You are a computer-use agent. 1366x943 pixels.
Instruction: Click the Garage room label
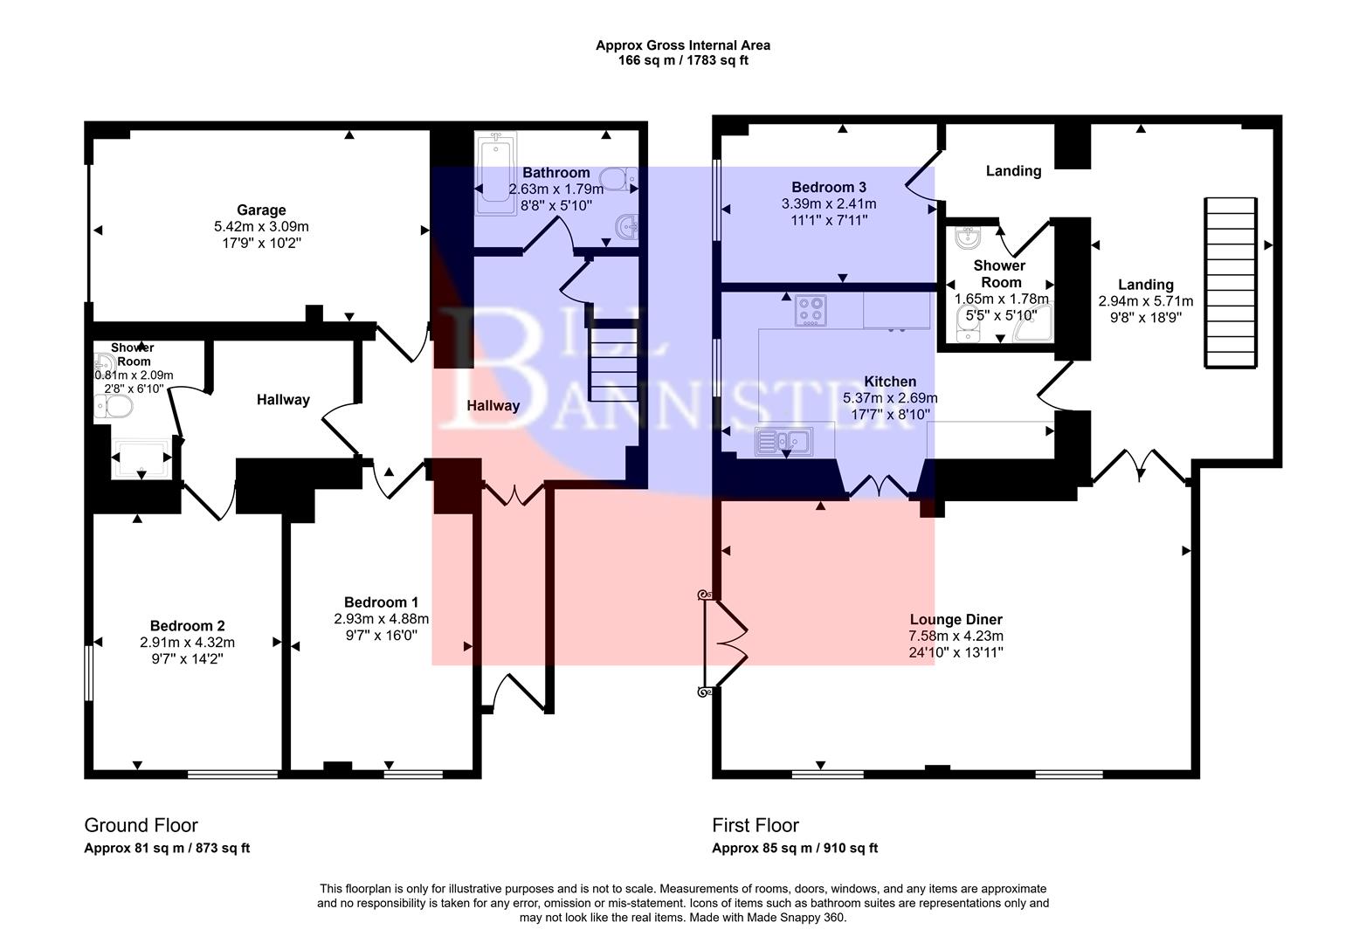[x=261, y=210]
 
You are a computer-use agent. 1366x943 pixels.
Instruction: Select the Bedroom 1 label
[x=381, y=602]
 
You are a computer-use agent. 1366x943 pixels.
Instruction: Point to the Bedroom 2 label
[x=187, y=626]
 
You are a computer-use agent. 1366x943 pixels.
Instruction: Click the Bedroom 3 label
[x=829, y=188]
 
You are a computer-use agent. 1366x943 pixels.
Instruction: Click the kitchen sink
[x=783, y=441]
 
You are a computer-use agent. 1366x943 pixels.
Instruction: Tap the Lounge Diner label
[x=956, y=620]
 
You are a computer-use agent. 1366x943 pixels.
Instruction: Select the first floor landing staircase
[x=1231, y=284]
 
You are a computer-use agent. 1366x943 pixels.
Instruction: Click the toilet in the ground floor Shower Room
[x=114, y=406]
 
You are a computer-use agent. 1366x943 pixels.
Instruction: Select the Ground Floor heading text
[x=141, y=825]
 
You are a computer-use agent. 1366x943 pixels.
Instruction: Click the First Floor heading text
[x=755, y=825]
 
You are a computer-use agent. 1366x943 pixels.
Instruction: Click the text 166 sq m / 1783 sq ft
[x=683, y=61]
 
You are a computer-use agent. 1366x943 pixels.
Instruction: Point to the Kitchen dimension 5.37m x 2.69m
[x=890, y=398]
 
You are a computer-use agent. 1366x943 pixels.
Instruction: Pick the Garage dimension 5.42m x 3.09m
[x=261, y=226]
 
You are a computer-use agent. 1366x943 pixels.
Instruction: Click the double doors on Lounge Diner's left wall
[x=725, y=644]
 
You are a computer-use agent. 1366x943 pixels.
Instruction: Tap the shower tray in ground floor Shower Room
[x=141, y=458]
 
